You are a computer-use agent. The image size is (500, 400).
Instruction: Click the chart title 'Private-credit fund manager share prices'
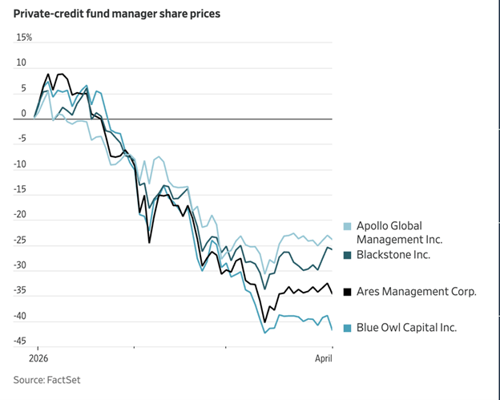point(117,14)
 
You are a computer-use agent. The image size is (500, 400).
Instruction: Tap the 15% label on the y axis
point(24,38)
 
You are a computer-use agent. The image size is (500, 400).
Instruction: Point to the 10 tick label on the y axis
point(22,63)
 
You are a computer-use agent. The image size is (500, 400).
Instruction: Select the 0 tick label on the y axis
point(24,113)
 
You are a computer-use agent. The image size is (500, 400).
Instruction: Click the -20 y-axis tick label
point(22,215)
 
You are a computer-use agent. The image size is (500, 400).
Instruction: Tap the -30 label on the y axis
point(22,265)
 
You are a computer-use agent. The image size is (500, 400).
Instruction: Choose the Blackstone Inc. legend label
point(393,255)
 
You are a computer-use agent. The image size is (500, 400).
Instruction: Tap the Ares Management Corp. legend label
point(416,292)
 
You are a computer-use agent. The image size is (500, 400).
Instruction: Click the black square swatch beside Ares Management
point(347,292)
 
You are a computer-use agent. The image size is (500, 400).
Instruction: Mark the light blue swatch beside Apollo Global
point(347,226)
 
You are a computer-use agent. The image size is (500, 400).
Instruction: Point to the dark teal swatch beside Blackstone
point(347,255)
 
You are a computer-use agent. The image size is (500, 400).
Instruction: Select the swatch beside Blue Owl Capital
point(347,328)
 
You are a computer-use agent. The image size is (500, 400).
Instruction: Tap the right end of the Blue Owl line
point(332,329)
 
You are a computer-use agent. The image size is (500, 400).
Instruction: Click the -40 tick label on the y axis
point(22,316)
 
